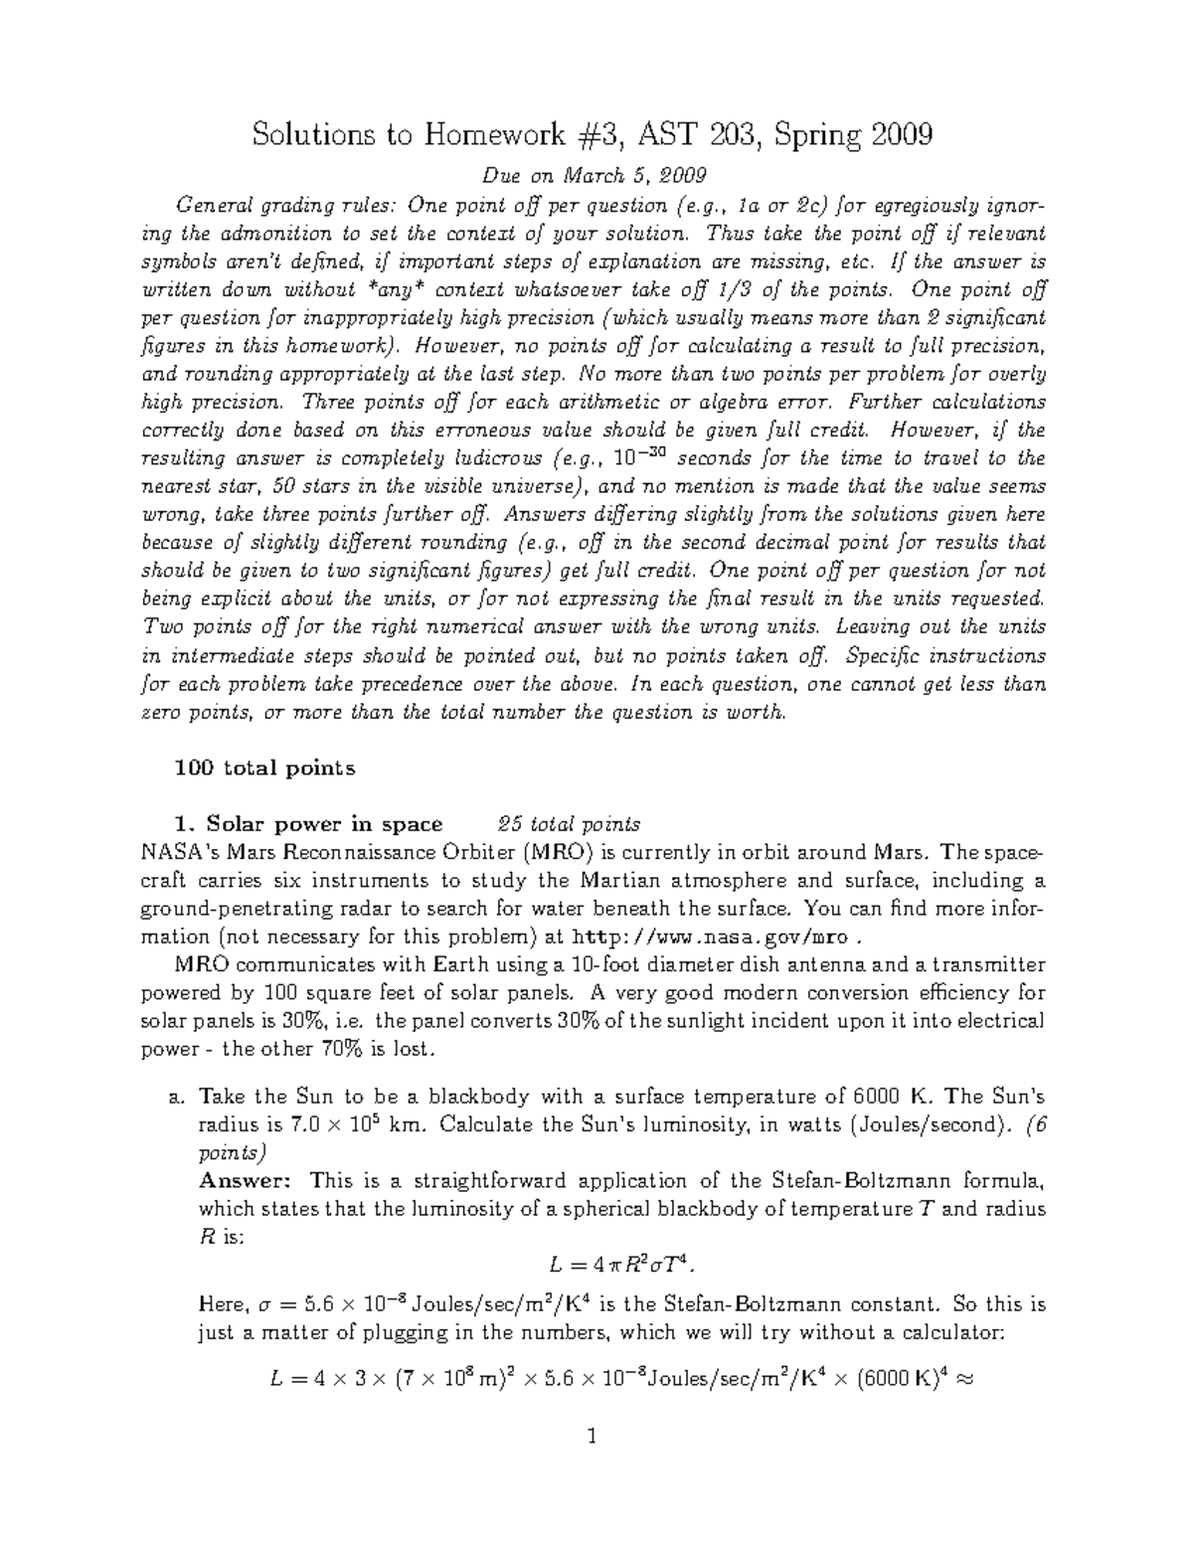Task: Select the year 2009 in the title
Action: click(x=900, y=134)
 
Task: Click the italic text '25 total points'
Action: click(x=570, y=824)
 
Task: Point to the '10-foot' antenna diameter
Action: click(x=608, y=964)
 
